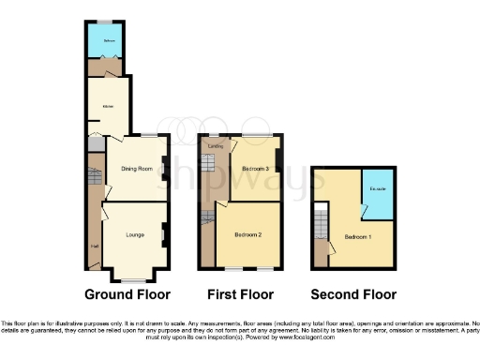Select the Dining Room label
pyautogui.click(x=137, y=169)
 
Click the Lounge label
pyautogui.click(x=135, y=236)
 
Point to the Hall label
pyautogui.click(x=95, y=247)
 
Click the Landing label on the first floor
pyautogui.click(x=215, y=147)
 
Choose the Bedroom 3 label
pyautogui.click(x=255, y=169)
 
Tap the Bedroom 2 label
pyautogui.click(x=247, y=235)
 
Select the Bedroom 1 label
pyautogui.click(x=357, y=236)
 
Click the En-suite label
pyautogui.click(x=378, y=190)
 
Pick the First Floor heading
pyautogui.click(x=239, y=292)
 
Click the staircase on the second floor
pyautogui.click(x=322, y=223)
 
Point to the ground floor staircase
pyautogui.click(x=94, y=177)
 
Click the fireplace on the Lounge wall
pyautogui.click(x=165, y=234)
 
